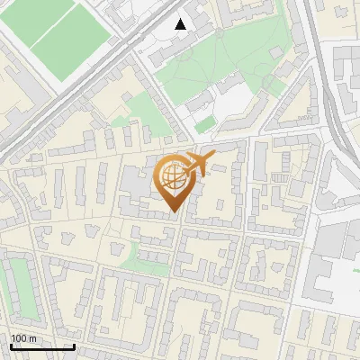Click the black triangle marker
pos(181,24)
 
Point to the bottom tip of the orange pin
pos(173,213)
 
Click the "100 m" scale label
pos(23,338)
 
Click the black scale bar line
pos(42,346)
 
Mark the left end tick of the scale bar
pos(11,345)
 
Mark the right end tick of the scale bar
pos(74,345)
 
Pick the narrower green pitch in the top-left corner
pos(36,18)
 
